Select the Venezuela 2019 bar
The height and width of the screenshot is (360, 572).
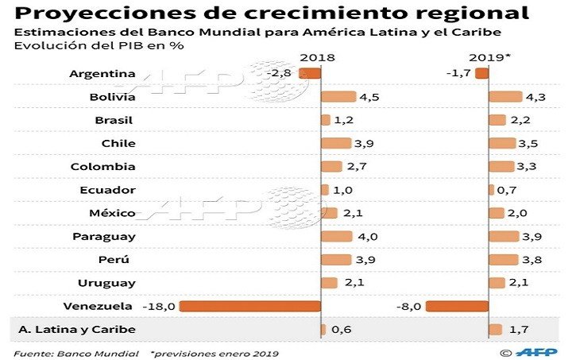457,306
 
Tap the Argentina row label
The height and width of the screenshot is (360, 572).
102,74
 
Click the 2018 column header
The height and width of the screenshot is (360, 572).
318,58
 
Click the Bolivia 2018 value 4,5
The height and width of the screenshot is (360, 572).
369,97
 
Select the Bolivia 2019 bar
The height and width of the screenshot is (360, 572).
505,97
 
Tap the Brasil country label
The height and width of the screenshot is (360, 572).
114,121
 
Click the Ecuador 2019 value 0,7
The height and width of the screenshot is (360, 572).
506,190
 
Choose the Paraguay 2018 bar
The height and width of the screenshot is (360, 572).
336,236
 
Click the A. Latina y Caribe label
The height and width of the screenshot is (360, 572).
77,330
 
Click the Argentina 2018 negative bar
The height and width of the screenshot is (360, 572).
310,74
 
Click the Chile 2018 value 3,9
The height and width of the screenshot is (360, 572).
365,144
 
